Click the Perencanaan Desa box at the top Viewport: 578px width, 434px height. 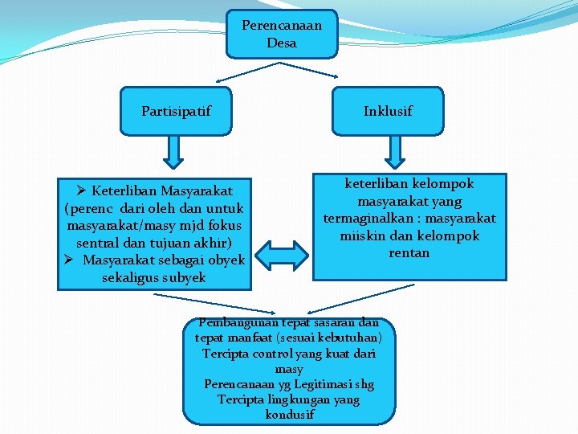pyautogui.click(x=281, y=34)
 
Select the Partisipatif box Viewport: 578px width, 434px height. pyautogui.click(x=176, y=111)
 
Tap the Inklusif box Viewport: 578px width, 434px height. pyautogui.click(x=388, y=111)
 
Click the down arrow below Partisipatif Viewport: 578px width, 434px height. pyautogui.click(x=176, y=149)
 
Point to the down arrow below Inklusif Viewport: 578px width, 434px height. pyautogui.click(x=394, y=149)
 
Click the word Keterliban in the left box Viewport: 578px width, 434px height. pyautogui.click(x=125, y=191)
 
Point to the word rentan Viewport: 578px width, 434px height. pyautogui.click(x=409, y=253)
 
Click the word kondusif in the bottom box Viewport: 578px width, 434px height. pyautogui.click(x=289, y=415)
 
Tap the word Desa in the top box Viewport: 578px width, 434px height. pyautogui.click(x=282, y=43)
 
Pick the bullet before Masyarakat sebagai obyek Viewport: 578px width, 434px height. pyautogui.click(x=68, y=260)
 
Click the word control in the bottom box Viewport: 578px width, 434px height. pyautogui.click(x=261, y=354)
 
